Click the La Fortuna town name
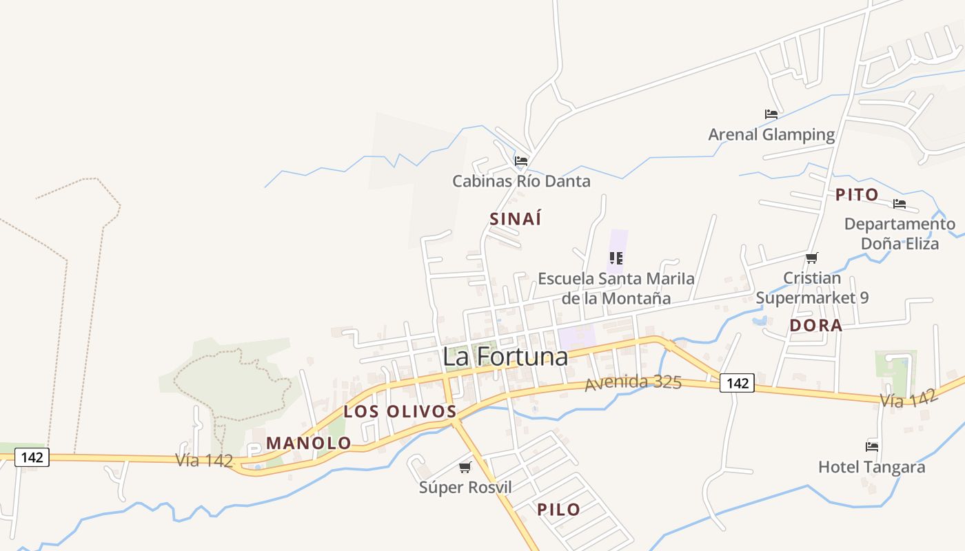click(505, 357)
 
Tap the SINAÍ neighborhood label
click(515, 219)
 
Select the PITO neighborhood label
click(857, 195)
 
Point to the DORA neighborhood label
click(816, 326)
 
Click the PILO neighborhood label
click(558, 510)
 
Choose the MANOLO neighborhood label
click(309, 444)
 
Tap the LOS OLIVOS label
click(400, 412)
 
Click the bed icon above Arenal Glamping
click(771, 114)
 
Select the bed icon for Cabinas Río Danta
click(521, 161)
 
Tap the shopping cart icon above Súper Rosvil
click(465, 468)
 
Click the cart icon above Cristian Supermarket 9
click(812, 258)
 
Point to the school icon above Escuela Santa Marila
click(616, 258)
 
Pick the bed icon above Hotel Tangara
click(872, 446)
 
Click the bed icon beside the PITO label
click(900, 204)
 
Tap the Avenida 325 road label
click(633, 383)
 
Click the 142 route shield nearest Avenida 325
click(737, 383)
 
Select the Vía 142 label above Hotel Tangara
click(908, 398)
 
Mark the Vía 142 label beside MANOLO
click(204, 460)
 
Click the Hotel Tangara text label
click(871, 467)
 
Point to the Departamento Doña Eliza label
click(900, 233)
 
